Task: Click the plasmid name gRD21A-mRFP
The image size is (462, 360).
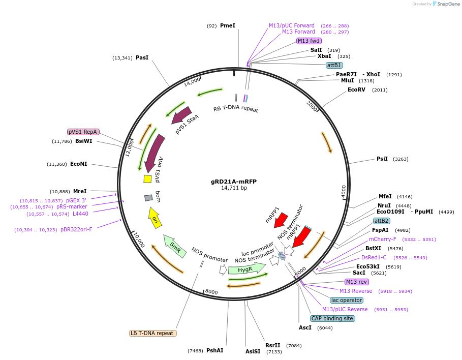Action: tap(233, 181)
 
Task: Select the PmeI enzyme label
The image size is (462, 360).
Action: tap(227, 25)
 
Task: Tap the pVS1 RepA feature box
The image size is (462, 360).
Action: tap(83, 132)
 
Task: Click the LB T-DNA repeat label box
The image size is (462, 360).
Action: tap(153, 334)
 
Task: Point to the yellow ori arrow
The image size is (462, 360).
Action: tap(155, 218)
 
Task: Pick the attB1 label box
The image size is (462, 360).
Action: tap(334, 65)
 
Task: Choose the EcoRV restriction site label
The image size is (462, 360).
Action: tap(356, 89)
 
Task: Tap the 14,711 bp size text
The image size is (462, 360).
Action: tap(233, 188)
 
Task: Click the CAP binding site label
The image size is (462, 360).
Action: tap(332, 318)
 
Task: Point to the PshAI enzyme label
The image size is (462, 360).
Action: tap(214, 350)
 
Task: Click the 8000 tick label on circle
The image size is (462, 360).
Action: tap(211, 292)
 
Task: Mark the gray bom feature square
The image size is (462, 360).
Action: tap(148, 198)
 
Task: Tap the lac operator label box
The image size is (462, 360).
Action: tap(346, 300)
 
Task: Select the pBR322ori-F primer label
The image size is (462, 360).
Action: tap(76, 230)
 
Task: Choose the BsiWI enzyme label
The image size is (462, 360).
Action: tap(84, 141)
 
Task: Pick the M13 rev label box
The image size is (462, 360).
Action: tap(356, 282)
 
